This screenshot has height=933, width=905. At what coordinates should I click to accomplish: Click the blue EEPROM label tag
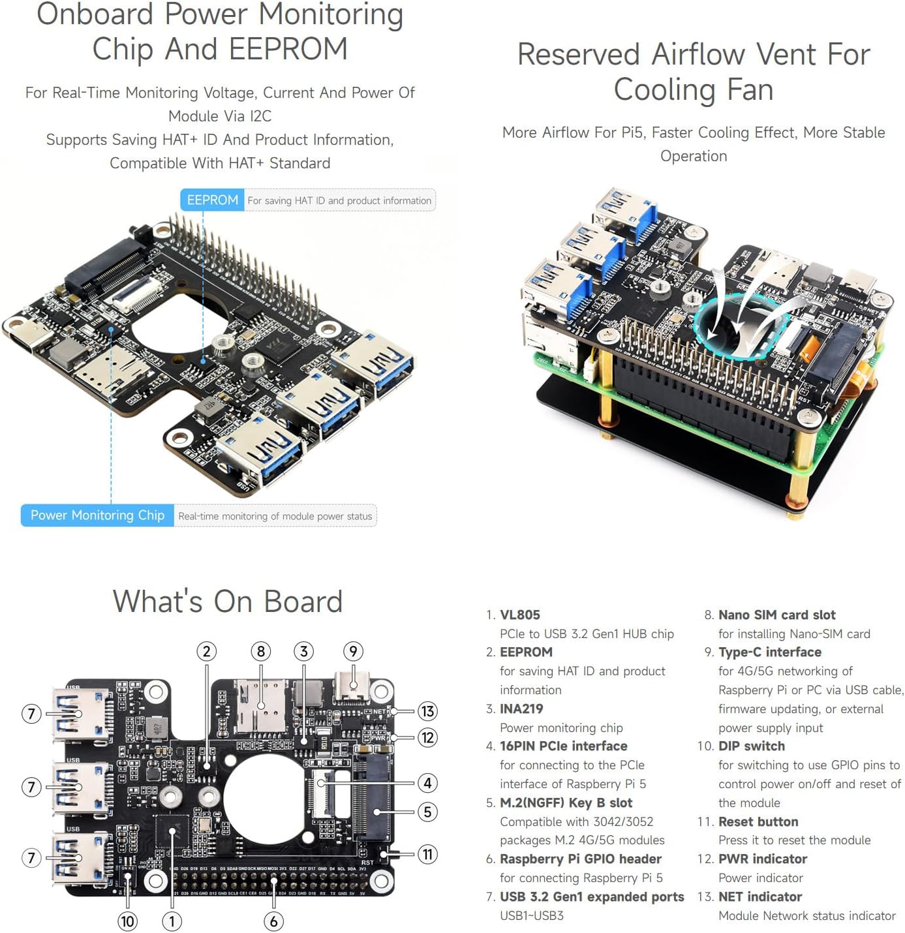(x=212, y=200)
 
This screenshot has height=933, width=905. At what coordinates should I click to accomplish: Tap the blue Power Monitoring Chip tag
(x=97, y=515)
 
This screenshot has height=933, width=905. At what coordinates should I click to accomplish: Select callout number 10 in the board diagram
(x=127, y=921)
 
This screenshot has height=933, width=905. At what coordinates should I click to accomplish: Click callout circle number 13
(x=427, y=711)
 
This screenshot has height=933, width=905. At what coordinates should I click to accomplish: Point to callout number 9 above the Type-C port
(x=353, y=651)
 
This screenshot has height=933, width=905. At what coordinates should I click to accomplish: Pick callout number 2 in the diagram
(x=207, y=651)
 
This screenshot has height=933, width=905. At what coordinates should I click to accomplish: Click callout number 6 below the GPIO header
(x=273, y=921)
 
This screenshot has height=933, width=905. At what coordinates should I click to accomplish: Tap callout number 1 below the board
(x=172, y=921)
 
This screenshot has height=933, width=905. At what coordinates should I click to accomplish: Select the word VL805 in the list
(x=519, y=615)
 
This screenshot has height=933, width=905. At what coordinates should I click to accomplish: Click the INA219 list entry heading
(x=521, y=709)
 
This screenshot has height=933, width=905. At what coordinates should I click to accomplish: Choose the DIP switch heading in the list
(x=751, y=746)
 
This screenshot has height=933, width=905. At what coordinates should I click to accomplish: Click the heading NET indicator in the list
(x=759, y=896)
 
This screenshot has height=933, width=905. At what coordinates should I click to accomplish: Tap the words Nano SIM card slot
(x=776, y=615)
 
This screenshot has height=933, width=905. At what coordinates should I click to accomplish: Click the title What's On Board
(x=228, y=601)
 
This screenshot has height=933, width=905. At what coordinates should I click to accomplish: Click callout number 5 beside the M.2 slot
(x=427, y=812)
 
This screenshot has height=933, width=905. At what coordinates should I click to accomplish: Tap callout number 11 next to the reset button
(x=427, y=854)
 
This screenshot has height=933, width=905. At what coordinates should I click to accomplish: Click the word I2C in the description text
(x=260, y=116)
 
